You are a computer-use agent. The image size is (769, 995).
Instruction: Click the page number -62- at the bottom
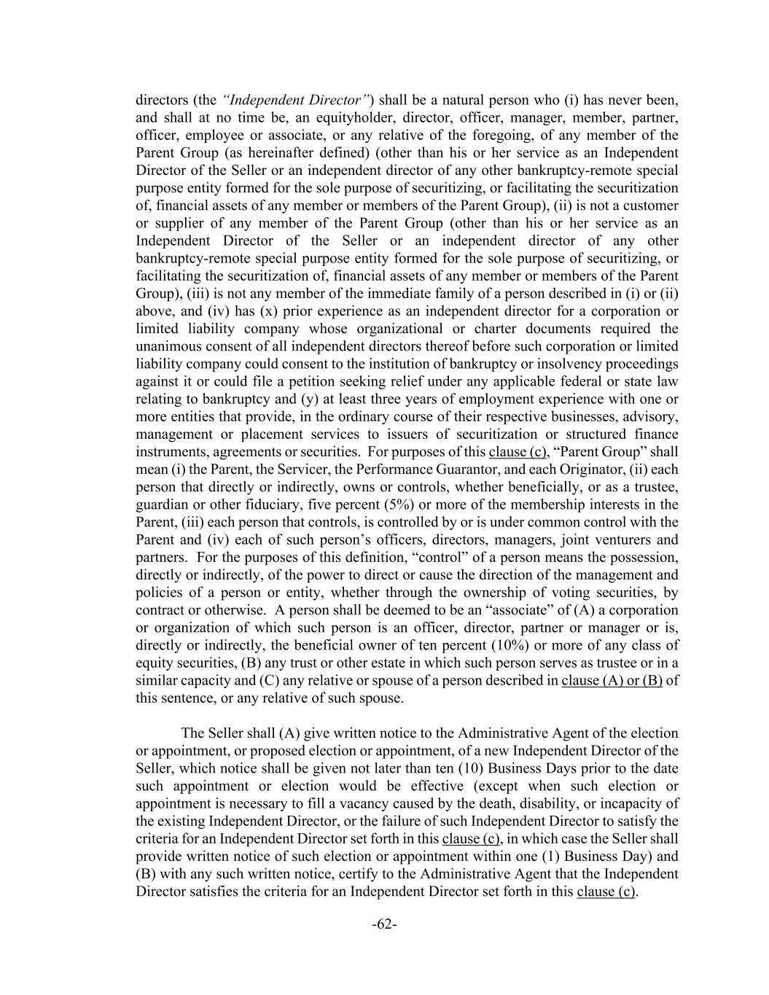384,924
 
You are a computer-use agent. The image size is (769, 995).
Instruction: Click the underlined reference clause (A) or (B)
612,680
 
